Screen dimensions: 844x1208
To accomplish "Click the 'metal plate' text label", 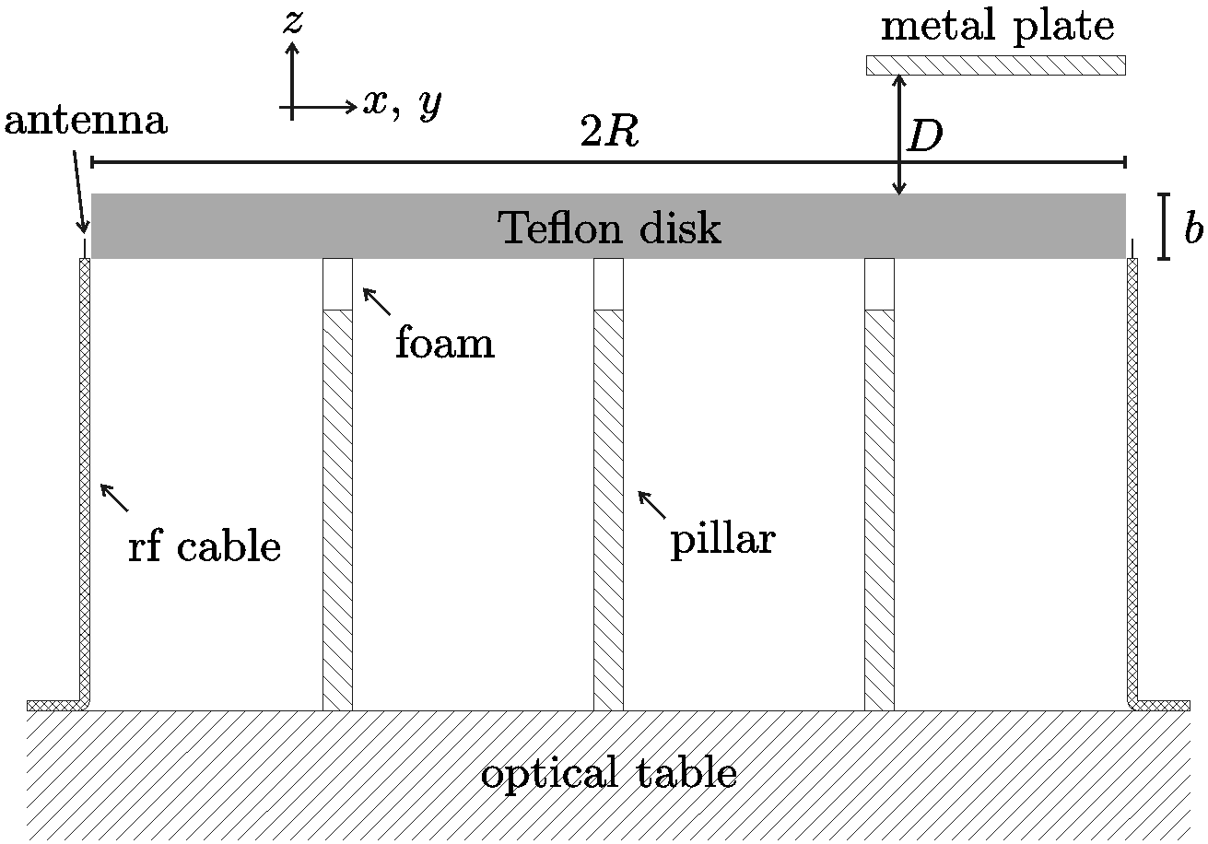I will (x=997, y=28).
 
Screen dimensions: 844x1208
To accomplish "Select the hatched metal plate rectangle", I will (x=995, y=65).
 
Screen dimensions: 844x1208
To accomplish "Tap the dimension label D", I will (x=925, y=138).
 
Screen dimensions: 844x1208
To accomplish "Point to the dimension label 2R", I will (x=609, y=135).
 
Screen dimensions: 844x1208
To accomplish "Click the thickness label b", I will (x=1193, y=229).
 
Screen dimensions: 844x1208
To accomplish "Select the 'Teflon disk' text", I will (x=609, y=228).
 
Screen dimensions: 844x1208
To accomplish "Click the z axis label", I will (x=292, y=23).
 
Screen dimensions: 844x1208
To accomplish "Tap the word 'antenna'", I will (x=86, y=121).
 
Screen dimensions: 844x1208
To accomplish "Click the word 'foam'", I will (x=445, y=344).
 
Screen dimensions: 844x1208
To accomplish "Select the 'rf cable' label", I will (x=204, y=546).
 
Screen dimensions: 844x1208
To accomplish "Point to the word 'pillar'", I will (x=721, y=539).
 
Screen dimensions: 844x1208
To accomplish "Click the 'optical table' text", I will (x=608, y=774).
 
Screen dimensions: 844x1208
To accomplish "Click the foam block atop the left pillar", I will (x=337, y=284).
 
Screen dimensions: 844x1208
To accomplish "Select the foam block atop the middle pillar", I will (x=608, y=284).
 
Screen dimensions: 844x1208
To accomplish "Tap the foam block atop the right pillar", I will (x=879, y=284).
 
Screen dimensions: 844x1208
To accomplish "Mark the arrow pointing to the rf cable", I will (x=114, y=497).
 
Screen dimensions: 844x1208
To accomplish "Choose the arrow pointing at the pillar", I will (x=651, y=504).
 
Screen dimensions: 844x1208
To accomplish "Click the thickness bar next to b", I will (x=1165, y=227).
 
